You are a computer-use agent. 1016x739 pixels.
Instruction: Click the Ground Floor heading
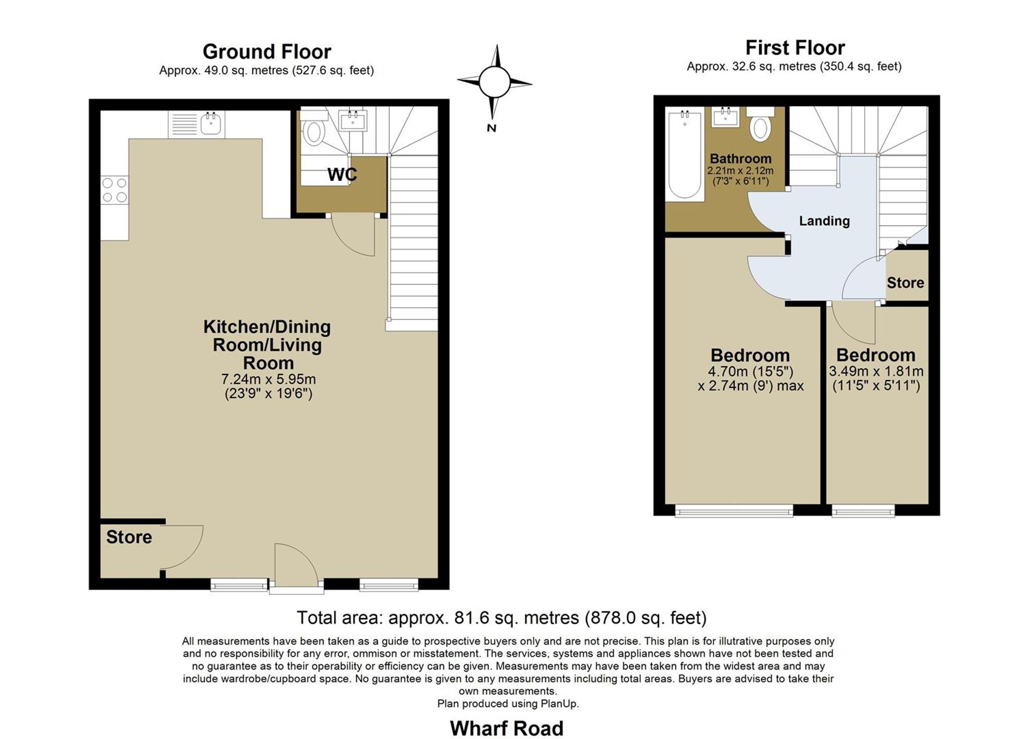click(267, 52)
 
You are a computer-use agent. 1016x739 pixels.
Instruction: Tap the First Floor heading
click(795, 48)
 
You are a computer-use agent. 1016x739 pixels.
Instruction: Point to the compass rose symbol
click(494, 82)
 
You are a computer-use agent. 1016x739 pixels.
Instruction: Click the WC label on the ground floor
click(342, 175)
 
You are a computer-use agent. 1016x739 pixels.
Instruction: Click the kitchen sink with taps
click(210, 123)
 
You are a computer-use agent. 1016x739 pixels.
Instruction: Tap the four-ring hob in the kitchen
click(114, 190)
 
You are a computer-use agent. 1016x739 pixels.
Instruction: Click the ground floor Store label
click(129, 537)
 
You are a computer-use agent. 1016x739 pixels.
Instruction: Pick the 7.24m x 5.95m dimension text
click(268, 379)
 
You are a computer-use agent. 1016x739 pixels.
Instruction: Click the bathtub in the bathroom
click(684, 154)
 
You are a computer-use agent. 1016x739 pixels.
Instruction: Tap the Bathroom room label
click(740, 159)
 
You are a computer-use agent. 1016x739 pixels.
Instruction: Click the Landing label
click(824, 221)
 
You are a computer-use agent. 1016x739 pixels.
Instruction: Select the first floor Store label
click(905, 283)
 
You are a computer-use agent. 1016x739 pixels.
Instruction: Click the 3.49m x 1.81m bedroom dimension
click(876, 371)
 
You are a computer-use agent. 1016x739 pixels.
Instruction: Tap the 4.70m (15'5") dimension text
click(750, 372)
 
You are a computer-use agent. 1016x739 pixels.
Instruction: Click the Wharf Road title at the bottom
click(506, 728)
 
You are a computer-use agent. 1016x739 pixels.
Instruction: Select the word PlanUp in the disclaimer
click(558, 704)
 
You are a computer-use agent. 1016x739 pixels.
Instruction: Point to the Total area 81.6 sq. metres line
click(501, 618)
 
